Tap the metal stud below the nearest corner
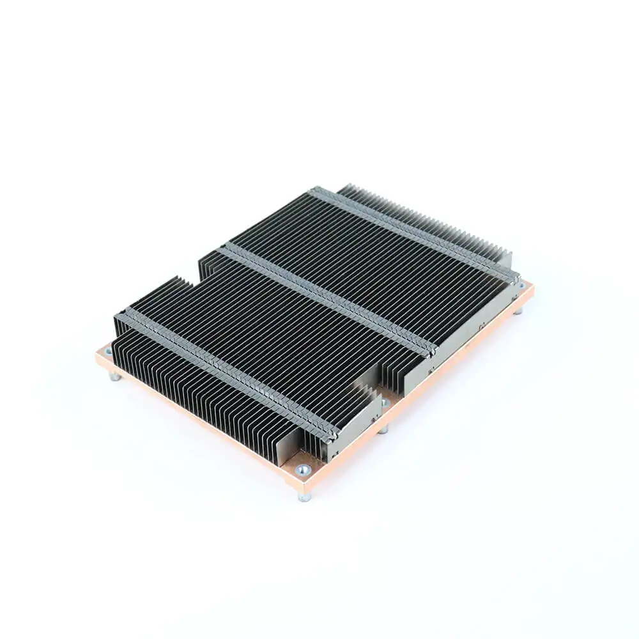305,495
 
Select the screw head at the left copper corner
106,351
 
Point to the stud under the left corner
115,377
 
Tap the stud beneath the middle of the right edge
383,429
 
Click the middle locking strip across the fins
326,298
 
